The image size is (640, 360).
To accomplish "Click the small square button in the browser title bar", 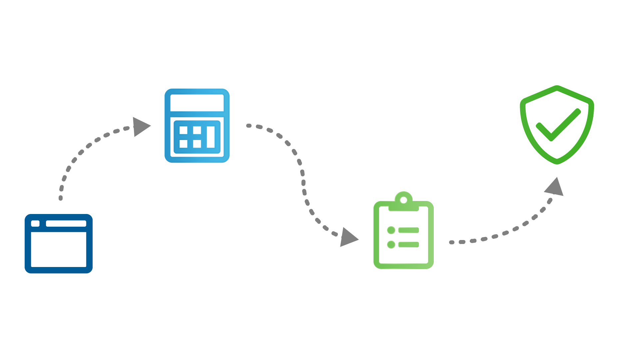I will (35, 224).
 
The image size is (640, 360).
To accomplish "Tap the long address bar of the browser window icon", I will (66, 224).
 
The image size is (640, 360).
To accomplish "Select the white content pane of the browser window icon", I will (59, 249).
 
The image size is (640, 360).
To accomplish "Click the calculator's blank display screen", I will (197, 103).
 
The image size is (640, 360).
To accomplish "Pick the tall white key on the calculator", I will (211, 137).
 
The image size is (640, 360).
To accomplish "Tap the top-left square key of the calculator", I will (183, 130).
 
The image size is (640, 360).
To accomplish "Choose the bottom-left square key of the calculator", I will (183, 144).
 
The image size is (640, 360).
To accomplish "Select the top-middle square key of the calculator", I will (197, 130).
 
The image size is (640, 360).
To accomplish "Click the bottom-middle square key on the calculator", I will (197, 144).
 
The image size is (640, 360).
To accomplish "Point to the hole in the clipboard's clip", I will (403, 200).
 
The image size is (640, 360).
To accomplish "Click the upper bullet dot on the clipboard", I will (391, 230).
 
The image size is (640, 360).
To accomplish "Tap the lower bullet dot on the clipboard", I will (391, 245).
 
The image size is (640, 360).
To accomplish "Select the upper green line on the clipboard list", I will (408, 230).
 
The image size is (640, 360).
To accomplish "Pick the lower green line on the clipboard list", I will (408, 245).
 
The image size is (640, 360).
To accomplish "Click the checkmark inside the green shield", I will (558, 125).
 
